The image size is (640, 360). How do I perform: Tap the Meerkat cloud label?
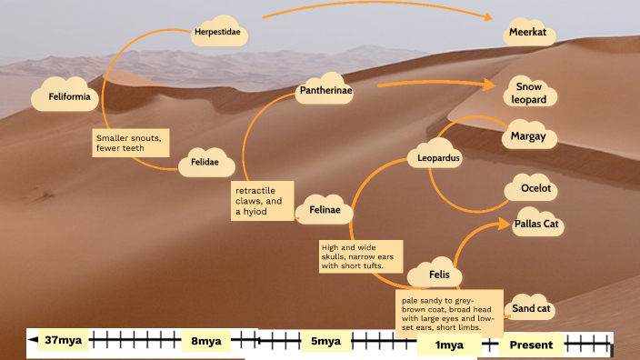(x=529, y=34)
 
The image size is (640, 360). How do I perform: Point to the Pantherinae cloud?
(x=324, y=90)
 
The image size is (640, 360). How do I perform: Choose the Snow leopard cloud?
(x=528, y=91)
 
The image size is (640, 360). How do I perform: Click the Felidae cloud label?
(x=205, y=162)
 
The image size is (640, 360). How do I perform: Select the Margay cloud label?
(x=528, y=137)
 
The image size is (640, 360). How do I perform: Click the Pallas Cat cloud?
(x=536, y=223)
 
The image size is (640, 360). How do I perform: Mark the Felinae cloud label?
(x=325, y=210)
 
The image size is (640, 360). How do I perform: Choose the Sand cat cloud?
(x=531, y=308)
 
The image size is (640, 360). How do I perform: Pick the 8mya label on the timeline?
(x=205, y=341)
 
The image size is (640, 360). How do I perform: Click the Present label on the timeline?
(x=532, y=345)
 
